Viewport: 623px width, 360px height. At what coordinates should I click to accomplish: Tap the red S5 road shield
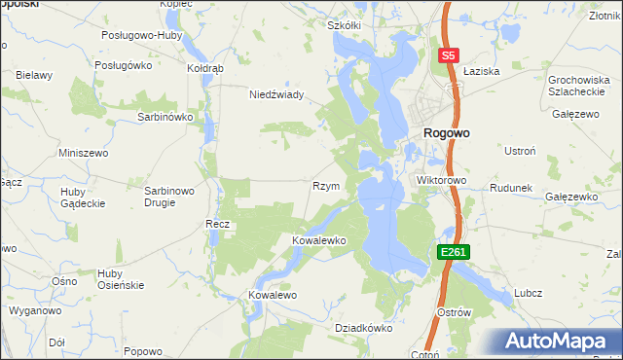[x=448, y=56]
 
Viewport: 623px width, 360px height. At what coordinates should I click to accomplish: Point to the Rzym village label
[x=324, y=186]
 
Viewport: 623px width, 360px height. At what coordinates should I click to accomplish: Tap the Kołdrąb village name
[x=205, y=69]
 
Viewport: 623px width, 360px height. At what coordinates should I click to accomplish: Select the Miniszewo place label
[x=83, y=154]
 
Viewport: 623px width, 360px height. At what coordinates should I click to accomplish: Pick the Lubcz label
[x=529, y=293]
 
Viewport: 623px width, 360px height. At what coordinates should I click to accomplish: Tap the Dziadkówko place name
[x=363, y=328]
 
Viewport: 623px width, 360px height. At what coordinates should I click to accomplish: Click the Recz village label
[x=216, y=224]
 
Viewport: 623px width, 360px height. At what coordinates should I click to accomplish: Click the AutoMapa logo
[x=560, y=341]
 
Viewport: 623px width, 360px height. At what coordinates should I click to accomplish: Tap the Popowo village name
[x=143, y=351]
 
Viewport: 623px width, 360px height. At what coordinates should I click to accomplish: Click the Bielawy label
[x=33, y=75]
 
